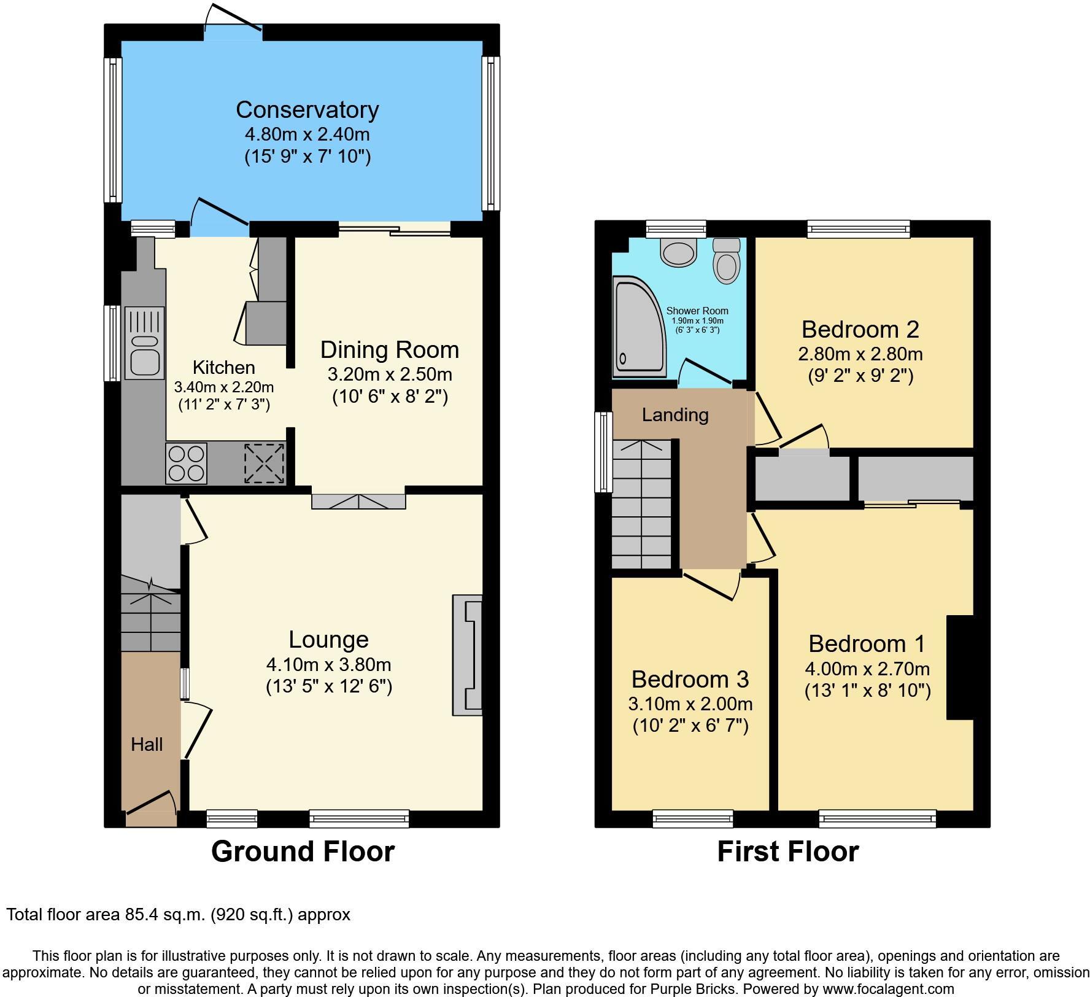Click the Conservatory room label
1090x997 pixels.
[x=307, y=110]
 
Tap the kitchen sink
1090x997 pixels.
[x=145, y=343]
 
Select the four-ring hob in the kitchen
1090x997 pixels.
[x=186, y=464]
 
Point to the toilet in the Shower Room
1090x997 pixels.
[x=728, y=260]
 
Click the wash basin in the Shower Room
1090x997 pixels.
[x=678, y=251]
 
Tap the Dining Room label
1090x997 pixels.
[x=390, y=349]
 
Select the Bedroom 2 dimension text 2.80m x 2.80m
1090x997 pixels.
[x=860, y=354]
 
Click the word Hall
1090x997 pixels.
[x=147, y=745]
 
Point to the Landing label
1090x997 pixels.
[x=675, y=415]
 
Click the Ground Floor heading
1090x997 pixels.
[x=303, y=852]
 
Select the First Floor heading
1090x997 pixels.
[x=788, y=852]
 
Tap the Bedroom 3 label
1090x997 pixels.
[x=690, y=679]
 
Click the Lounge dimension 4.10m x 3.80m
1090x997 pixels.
[x=329, y=664]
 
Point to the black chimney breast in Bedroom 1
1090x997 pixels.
[x=961, y=667]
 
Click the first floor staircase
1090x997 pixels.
[x=643, y=505]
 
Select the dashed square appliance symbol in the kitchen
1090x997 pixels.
[x=265, y=464]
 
